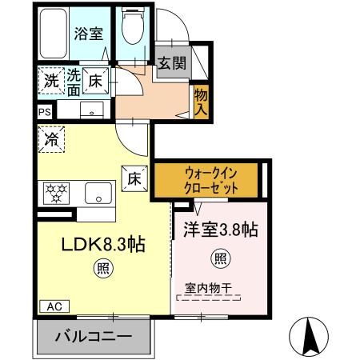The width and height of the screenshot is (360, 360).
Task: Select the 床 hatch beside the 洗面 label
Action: [96, 80]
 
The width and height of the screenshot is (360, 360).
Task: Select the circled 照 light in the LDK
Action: [103, 268]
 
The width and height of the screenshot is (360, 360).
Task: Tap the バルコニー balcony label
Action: [93, 337]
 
